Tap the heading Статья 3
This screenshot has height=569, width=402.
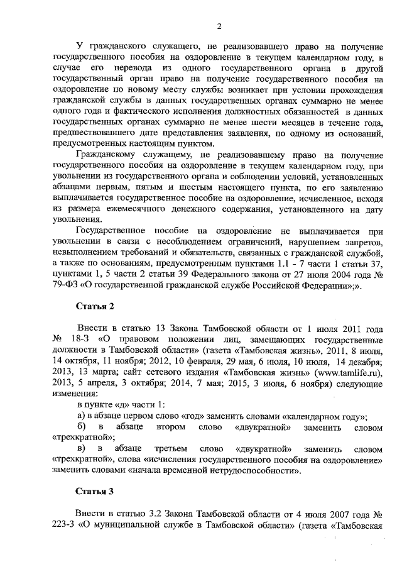[x=94, y=490]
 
